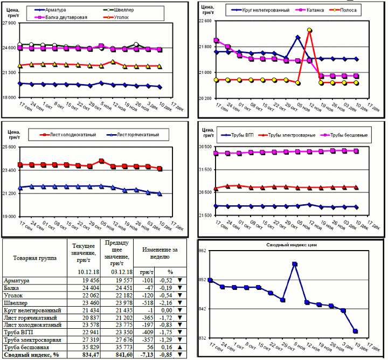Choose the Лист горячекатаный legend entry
click(135, 134)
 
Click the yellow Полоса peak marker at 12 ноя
click(309, 31)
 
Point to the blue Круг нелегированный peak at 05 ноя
click(297, 37)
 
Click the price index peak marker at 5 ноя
click(295, 264)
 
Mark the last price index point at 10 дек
click(356, 331)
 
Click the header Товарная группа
click(34, 258)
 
